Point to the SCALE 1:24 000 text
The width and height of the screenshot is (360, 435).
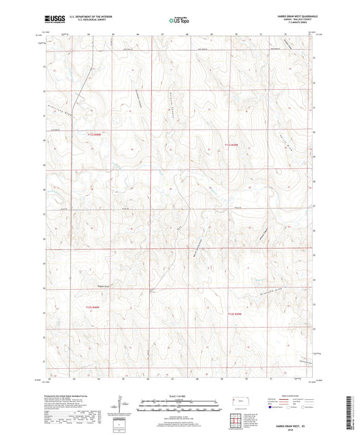click(x=179, y=396)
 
